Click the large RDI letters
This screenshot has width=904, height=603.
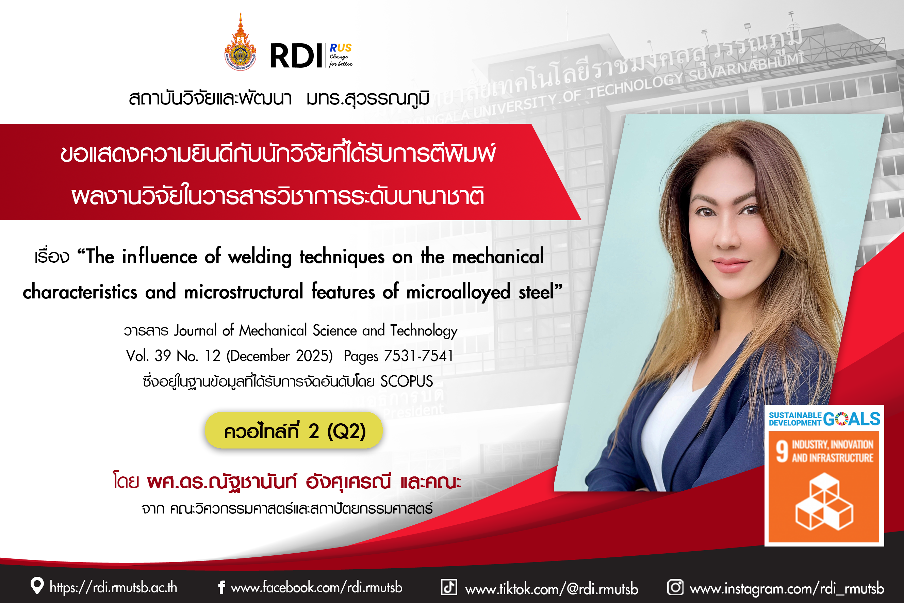pyautogui.click(x=296, y=56)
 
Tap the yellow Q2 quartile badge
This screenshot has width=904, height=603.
pyautogui.click(x=294, y=430)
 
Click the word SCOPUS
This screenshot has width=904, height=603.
pyautogui.click(x=407, y=381)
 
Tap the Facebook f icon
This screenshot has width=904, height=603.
pyautogui.click(x=221, y=587)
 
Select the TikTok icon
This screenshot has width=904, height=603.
pyautogui.click(x=449, y=587)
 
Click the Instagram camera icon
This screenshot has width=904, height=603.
pyautogui.click(x=675, y=587)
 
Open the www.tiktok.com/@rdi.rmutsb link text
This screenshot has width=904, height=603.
pyautogui.click(x=552, y=589)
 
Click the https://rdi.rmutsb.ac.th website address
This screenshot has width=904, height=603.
pyautogui.click(x=113, y=587)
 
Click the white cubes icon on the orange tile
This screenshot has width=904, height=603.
pyautogui.click(x=824, y=502)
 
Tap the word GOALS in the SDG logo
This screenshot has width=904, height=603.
pyautogui.click(x=852, y=419)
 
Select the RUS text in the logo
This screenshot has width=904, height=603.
pyautogui.click(x=341, y=48)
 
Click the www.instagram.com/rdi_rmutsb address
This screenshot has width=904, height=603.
pyautogui.click(x=787, y=588)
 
